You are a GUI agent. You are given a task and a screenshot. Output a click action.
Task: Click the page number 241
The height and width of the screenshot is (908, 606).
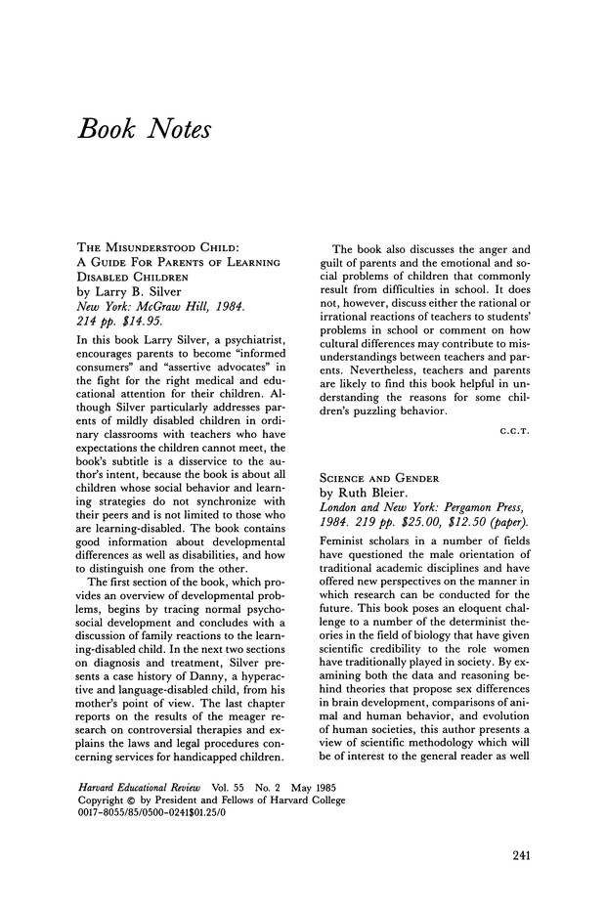click(521, 856)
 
